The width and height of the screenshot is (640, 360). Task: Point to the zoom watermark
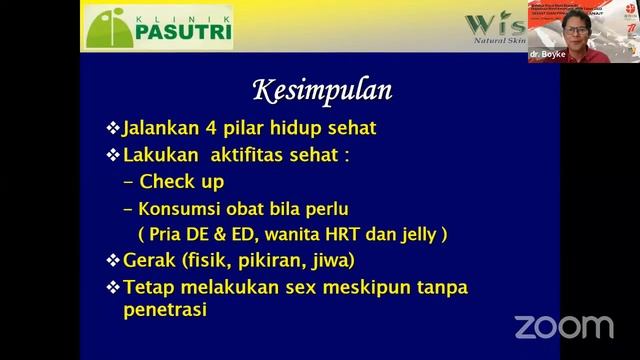click(x=564, y=326)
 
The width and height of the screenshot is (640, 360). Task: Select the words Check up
click(x=182, y=182)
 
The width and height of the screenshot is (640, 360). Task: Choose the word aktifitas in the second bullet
click(x=260, y=156)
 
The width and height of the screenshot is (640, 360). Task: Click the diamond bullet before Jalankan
click(x=113, y=130)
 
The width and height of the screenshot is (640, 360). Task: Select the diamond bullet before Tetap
click(x=113, y=287)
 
